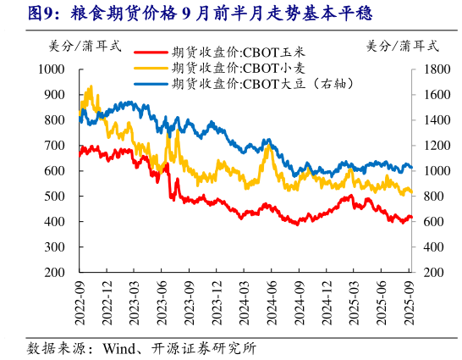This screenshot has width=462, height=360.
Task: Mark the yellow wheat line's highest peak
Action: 91,86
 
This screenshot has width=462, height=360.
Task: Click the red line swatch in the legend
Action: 151,52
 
